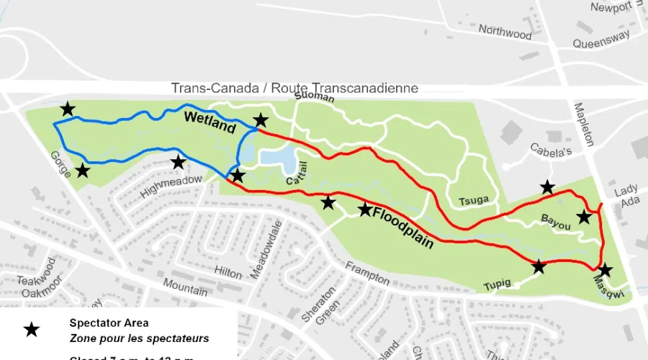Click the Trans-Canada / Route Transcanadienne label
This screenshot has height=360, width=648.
click(294, 88)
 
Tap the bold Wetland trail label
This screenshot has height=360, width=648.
click(210, 122)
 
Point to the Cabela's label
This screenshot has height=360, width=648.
click(551, 152)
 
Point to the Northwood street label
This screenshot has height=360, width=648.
click(505, 32)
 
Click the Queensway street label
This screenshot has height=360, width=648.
click(601, 39)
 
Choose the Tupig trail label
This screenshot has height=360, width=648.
click(497, 284)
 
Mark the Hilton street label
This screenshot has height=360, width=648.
click(228, 271)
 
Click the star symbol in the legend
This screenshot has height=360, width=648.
click(32, 329)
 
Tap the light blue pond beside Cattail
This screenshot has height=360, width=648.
click(276, 158)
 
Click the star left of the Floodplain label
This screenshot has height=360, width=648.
click(365, 210)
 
